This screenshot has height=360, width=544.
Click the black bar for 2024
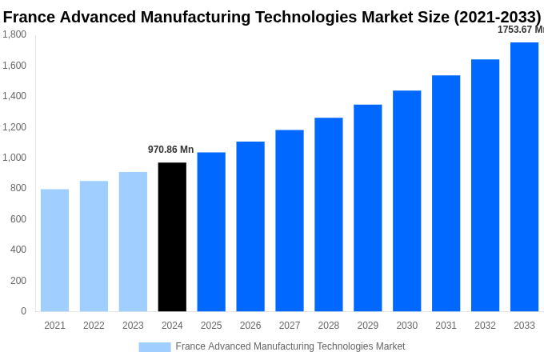172,237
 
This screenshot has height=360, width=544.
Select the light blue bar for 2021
54,250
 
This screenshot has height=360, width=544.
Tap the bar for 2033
524,177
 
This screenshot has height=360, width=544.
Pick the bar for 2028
328,214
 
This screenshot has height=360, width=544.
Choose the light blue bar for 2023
133,242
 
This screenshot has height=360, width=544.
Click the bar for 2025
211,232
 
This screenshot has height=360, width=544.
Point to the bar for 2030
406,201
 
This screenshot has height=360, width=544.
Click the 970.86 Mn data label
170,150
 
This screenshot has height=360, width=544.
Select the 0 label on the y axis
23,311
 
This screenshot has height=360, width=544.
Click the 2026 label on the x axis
250,326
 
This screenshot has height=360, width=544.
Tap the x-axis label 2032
485,326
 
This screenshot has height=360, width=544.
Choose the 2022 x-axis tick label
94,326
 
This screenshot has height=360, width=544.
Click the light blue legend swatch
154,347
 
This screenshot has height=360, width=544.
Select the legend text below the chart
290,346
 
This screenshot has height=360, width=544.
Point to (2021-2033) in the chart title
497,17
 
